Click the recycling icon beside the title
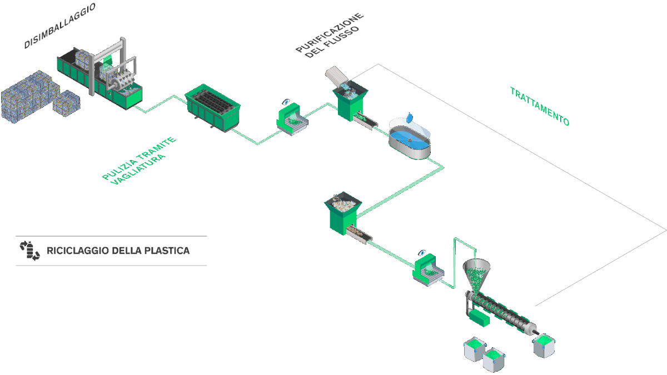(29, 251)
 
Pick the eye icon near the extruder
(424, 253)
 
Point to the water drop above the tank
(410, 117)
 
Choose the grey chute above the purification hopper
(335, 75)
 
